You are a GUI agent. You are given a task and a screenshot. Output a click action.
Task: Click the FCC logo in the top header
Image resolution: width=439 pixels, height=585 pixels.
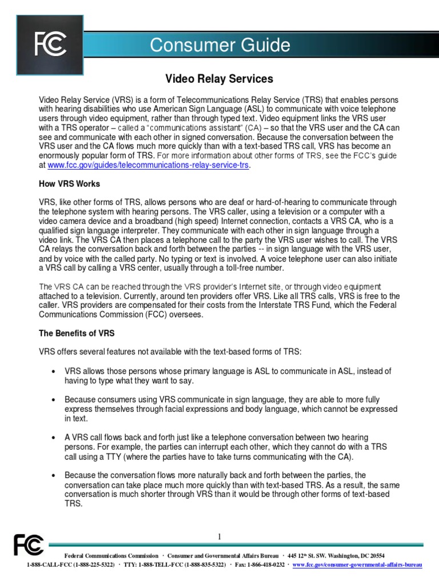[x=50, y=44]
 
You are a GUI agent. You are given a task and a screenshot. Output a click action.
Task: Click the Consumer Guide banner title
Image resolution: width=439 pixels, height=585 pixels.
[x=220, y=45]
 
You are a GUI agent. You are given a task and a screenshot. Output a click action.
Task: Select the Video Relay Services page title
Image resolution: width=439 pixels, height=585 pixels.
[x=219, y=78]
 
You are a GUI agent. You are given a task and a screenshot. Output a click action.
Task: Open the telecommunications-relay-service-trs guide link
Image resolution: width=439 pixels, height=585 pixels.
[x=149, y=165]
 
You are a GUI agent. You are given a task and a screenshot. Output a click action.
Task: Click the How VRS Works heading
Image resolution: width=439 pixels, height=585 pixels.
[x=69, y=183]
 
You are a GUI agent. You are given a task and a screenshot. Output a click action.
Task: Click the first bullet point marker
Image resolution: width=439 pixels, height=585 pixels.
[x=53, y=371]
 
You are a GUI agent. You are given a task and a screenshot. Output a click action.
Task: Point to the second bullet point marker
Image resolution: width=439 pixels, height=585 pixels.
[x=53, y=399]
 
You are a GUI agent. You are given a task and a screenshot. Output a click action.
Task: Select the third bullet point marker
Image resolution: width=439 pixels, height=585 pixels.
[x=53, y=437]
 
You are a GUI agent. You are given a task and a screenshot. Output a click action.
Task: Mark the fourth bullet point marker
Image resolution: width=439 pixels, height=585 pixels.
[x=53, y=475]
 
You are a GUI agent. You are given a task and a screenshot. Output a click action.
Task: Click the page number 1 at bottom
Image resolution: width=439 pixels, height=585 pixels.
[x=219, y=536]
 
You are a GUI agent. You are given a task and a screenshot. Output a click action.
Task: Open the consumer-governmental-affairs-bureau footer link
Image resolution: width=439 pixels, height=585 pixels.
[x=357, y=564]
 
